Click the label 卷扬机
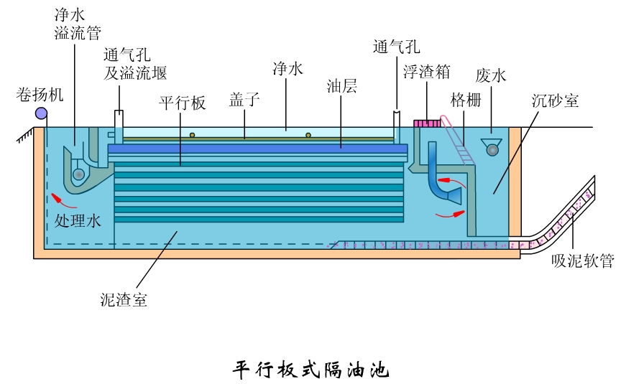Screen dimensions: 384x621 [40, 93]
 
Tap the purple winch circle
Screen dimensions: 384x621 [41, 113]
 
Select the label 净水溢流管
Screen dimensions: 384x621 [75, 24]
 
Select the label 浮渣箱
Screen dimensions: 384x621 [426, 71]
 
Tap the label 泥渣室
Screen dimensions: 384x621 [124, 300]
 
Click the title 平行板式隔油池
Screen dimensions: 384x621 [310, 370]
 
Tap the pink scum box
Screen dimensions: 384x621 [426, 123]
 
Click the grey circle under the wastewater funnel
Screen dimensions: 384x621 [492, 149]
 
